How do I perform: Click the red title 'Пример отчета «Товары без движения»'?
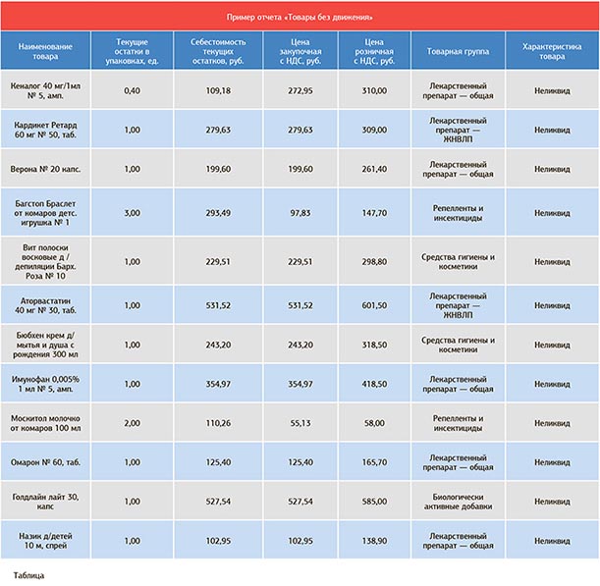click(x=300, y=17)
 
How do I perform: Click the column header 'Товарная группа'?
click(x=458, y=51)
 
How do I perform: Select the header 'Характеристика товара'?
click(x=552, y=51)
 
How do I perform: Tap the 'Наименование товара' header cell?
click(x=45, y=51)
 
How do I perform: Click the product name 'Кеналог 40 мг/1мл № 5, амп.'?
click(x=45, y=90)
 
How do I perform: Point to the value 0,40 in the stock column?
click(x=132, y=90)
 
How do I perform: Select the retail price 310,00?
click(x=374, y=90)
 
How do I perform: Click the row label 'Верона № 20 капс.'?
click(x=45, y=169)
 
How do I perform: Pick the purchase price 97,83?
click(x=300, y=213)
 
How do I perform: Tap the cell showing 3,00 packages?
click(x=132, y=213)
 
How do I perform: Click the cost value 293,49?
click(x=218, y=213)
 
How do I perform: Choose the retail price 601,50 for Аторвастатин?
click(x=374, y=305)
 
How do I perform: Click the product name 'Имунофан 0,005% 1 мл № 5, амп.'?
click(x=45, y=384)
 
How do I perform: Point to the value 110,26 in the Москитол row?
click(x=218, y=423)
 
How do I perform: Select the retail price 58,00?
click(x=374, y=423)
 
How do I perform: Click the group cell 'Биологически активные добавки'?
click(x=458, y=502)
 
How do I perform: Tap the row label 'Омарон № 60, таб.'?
click(x=45, y=462)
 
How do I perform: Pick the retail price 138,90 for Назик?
click(x=374, y=541)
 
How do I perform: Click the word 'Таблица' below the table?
click(x=28, y=575)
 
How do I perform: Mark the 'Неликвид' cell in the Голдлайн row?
click(x=552, y=501)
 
